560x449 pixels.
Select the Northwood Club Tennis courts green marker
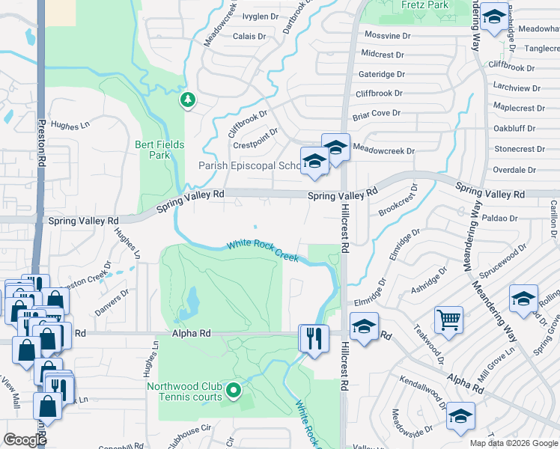(x=234, y=389)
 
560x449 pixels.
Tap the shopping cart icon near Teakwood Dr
(x=448, y=320)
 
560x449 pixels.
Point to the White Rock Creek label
(x=263, y=251)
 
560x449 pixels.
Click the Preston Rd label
(x=42, y=143)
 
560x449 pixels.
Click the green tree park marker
(x=187, y=99)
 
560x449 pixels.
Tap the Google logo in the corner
(x=25, y=440)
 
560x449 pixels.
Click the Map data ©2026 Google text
(x=514, y=443)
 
